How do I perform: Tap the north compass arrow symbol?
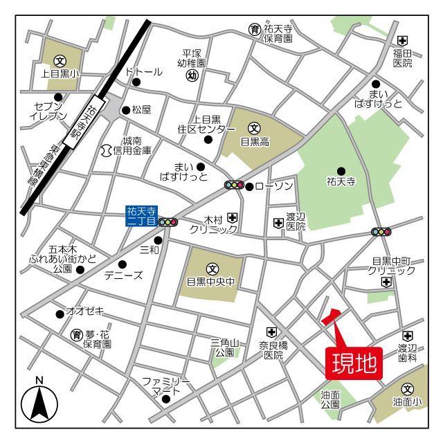(x=39, y=403)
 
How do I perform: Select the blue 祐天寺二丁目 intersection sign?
(x=142, y=216)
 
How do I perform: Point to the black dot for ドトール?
(x=136, y=82)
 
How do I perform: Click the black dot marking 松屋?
(x=126, y=109)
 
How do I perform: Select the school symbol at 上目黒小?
(x=60, y=60)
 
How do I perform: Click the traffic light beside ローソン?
(x=235, y=185)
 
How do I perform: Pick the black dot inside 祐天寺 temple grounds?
(x=341, y=171)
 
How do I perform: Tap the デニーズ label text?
(x=123, y=275)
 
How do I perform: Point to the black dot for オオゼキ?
(x=60, y=314)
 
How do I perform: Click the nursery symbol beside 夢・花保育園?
(x=77, y=335)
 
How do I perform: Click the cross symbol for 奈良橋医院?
(x=273, y=332)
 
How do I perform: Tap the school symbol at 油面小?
(x=408, y=389)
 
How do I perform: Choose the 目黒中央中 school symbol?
(x=212, y=269)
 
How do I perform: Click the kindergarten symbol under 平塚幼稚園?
(x=193, y=75)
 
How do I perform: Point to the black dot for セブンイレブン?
(x=58, y=97)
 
